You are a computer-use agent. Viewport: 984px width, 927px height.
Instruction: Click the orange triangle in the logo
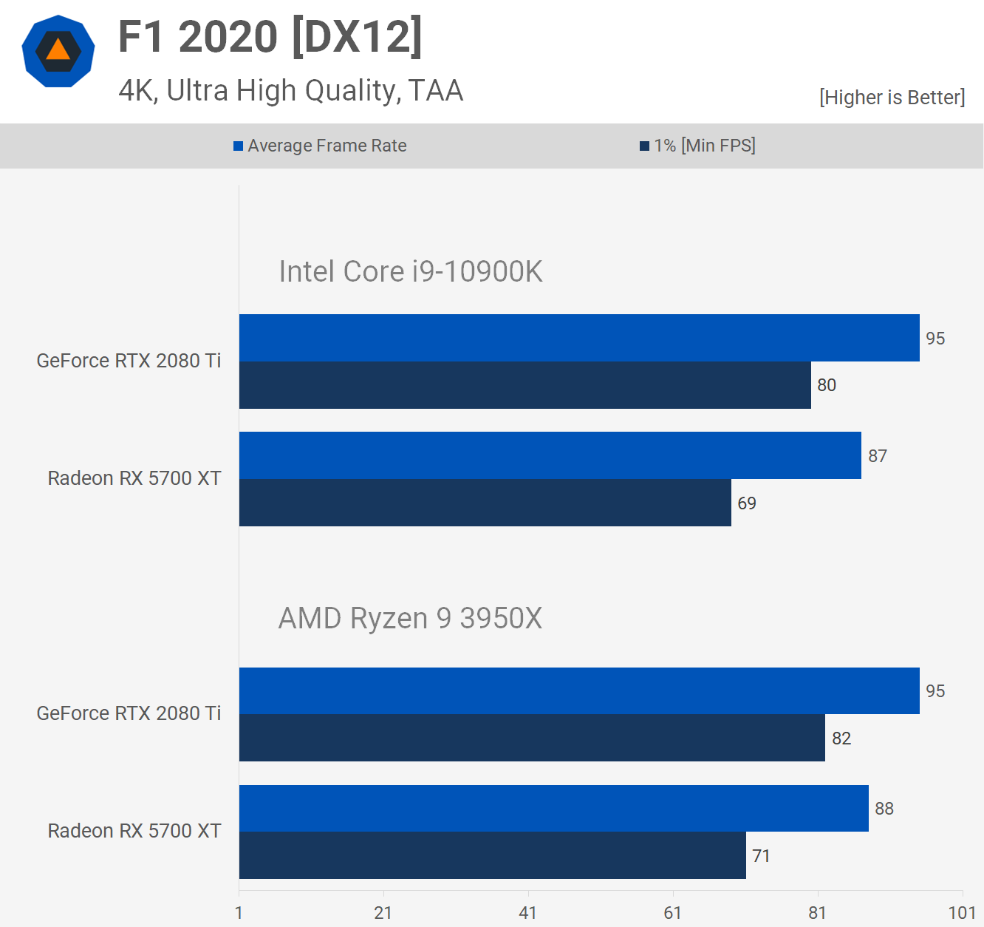(58, 50)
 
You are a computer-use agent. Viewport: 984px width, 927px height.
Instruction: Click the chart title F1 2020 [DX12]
(270, 36)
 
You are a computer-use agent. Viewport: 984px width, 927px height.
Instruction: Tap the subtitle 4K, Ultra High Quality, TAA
(290, 91)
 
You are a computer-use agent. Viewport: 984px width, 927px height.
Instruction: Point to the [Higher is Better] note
(892, 98)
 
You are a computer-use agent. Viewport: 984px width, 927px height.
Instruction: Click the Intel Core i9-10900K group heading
(410, 272)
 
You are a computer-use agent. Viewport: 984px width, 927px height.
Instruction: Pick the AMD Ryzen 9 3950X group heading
(410, 619)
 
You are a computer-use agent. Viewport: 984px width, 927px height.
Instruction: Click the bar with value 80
(525, 385)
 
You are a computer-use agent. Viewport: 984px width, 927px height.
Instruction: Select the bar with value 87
(550, 455)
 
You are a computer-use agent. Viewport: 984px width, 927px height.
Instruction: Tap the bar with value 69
(485, 503)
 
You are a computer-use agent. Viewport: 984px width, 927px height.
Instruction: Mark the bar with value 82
(532, 738)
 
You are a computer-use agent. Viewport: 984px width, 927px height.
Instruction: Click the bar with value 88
(553, 808)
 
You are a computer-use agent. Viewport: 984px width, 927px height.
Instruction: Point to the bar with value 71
(492, 855)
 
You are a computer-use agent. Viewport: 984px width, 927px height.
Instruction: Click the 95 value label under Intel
(935, 339)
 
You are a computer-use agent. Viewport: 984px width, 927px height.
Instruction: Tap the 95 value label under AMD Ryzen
(935, 691)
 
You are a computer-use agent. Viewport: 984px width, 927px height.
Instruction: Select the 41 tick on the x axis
(527, 913)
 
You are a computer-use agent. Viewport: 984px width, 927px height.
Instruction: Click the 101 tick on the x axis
(962, 913)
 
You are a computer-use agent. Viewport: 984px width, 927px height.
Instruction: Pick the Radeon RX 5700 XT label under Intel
(134, 478)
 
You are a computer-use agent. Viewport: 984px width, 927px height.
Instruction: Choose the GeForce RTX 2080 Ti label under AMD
(129, 713)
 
